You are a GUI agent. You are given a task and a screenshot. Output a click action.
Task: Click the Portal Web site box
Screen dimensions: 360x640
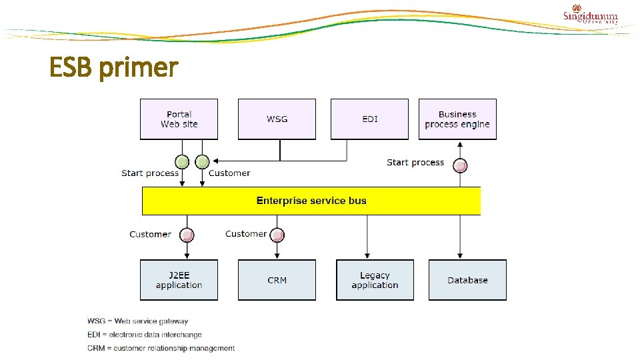pos(179,119)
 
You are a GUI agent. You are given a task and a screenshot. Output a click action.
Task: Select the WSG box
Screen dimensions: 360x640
pos(277,119)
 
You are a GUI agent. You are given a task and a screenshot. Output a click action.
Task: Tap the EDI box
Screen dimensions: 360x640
pos(369,119)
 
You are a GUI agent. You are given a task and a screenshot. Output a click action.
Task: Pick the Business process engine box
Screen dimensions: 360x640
pos(457,119)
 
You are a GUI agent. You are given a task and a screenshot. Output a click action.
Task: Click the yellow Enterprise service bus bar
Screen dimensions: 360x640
pos(311,201)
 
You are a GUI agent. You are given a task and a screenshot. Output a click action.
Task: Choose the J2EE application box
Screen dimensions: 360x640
pos(179,280)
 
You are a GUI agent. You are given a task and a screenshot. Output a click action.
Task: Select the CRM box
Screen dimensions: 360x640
pos(277,280)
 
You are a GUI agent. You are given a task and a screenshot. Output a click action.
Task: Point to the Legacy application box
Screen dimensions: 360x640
pos(375,280)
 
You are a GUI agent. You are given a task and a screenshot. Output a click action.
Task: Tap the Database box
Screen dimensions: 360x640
pos(467,280)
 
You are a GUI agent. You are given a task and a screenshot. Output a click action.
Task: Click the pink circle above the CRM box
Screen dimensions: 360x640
pos(277,235)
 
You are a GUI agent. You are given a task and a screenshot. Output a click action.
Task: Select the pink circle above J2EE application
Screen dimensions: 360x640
pos(188,235)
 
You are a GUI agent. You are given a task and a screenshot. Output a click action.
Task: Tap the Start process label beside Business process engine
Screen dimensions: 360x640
pos(415,162)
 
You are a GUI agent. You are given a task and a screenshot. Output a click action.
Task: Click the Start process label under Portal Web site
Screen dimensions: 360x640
pos(150,173)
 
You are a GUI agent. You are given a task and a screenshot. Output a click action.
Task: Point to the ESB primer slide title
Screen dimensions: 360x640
pos(114,67)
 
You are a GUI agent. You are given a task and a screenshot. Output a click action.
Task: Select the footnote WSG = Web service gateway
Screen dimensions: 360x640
pos(137,321)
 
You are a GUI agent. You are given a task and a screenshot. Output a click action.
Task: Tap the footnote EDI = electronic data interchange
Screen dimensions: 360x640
pos(144,335)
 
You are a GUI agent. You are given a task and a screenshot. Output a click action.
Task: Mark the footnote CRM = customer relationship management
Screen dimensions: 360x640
pos(161,348)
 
